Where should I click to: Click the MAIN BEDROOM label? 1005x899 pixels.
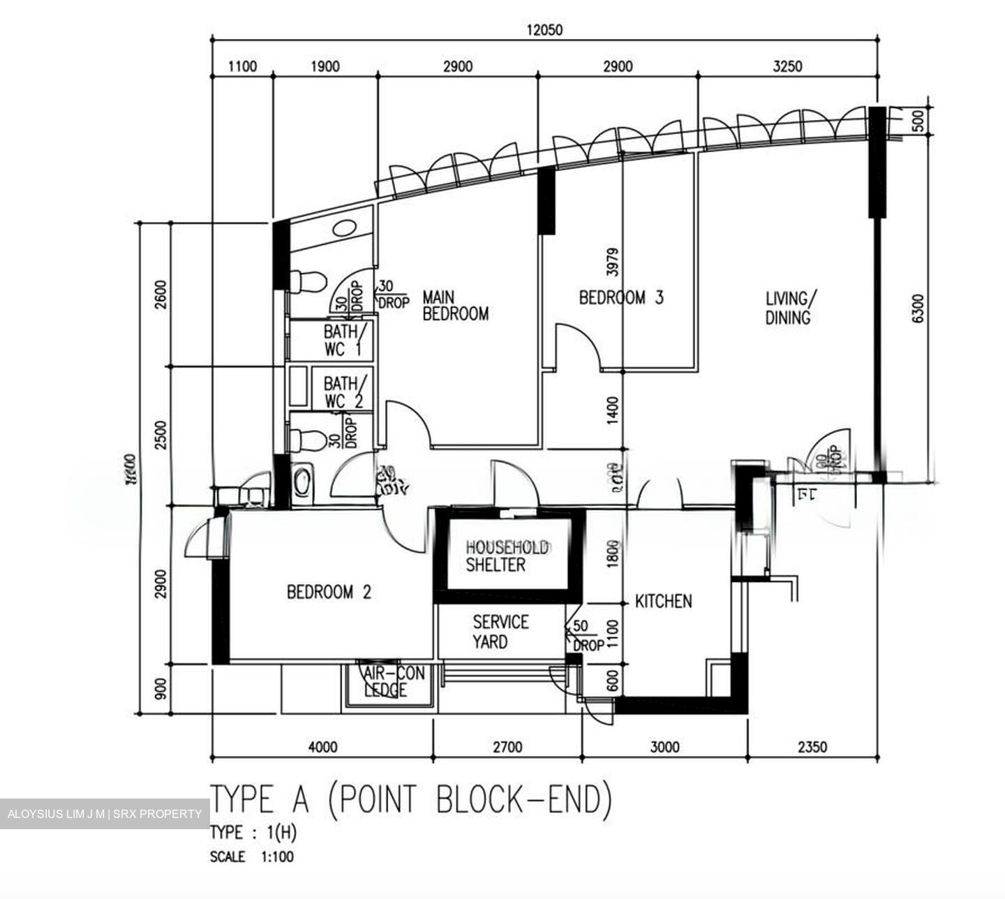click(x=455, y=306)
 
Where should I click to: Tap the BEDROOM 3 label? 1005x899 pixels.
click(x=621, y=298)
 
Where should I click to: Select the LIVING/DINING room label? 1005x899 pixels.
click(x=788, y=309)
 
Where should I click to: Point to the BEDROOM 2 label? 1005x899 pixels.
click(x=329, y=593)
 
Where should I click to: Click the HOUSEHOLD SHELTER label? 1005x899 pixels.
click(x=507, y=556)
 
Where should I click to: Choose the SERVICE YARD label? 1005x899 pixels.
click(x=500, y=631)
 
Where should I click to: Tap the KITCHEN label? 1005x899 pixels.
click(x=663, y=601)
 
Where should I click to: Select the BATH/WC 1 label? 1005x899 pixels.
click(x=342, y=340)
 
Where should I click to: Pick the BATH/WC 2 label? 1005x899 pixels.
click(x=343, y=392)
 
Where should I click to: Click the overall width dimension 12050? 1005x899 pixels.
click(x=544, y=29)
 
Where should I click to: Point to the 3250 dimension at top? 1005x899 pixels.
click(x=788, y=66)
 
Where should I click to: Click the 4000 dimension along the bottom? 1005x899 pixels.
click(x=322, y=747)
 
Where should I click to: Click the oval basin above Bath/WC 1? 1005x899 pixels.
click(x=345, y=228)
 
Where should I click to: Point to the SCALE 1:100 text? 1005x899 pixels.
click(x=251, y=856)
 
